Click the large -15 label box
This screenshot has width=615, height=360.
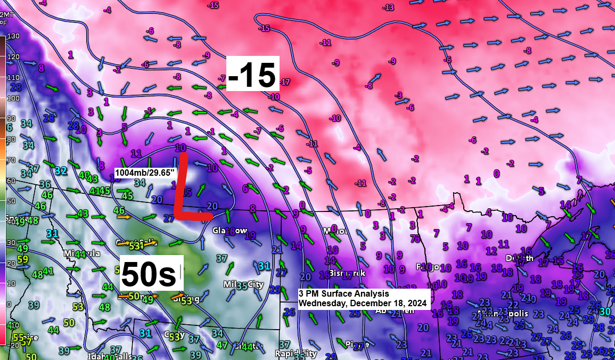(x=253, y=73)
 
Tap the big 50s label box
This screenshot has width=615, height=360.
(x=149, y=274)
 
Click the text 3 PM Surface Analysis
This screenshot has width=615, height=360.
(x=343, y=293)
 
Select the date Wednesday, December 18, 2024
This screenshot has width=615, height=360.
(x=363, y=303)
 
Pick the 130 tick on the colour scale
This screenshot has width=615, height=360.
(x=13, y=36)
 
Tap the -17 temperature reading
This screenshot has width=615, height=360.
(x=285, y=82)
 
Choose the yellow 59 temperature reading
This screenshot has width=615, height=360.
(x=22, y=259)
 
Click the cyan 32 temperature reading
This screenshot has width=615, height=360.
(x=61, y=170)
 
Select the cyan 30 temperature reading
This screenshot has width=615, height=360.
(x=604, y=312)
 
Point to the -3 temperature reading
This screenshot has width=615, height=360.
(x=398, y=95)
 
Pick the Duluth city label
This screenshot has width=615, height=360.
(x=520, y=258)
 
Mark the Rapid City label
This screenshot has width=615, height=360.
(x=296, y=354)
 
